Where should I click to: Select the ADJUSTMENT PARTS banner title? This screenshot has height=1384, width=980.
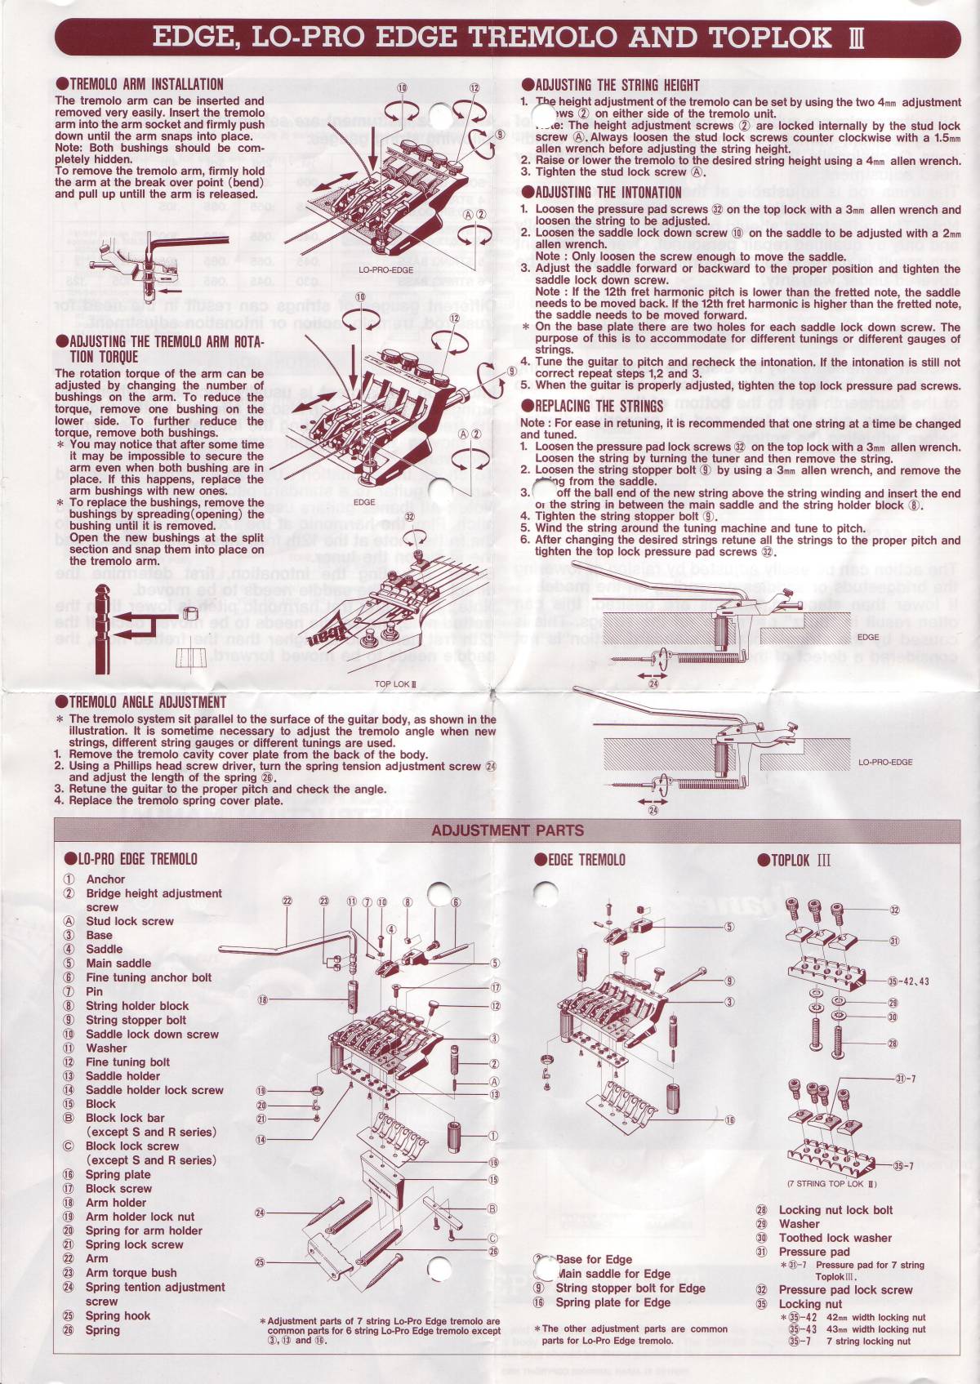click(507, 831)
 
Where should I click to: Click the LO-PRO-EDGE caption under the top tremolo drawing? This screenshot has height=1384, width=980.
click(385, 269)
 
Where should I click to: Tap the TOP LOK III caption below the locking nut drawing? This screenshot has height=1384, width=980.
click(396, 683)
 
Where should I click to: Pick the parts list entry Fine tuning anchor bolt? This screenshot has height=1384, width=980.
click(149, 977)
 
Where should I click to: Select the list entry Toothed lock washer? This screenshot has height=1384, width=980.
click(835, 1238)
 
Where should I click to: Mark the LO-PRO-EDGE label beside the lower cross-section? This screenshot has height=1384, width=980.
click(885, 763)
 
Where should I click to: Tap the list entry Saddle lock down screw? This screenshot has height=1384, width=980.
click(152, 1034)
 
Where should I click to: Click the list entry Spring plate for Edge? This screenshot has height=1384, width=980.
click(612, 1302)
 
